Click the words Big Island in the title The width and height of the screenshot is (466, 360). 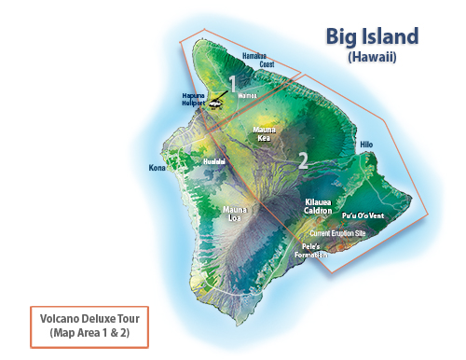(x=371, y=36)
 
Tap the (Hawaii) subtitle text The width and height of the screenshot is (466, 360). (x=372, y=57)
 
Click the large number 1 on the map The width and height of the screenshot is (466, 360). (x=232, y=84)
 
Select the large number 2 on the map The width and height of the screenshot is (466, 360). (x=303, y=159)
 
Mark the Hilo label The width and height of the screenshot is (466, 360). (x=365, y=145)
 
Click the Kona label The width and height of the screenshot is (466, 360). (x=157, y=169)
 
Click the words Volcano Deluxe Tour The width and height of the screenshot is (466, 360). (x=89, y=316)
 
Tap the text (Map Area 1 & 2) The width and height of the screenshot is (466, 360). (x=89, y=331)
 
